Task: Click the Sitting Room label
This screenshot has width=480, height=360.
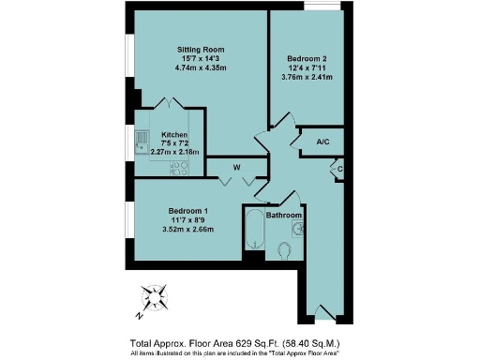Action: tap(202, 49)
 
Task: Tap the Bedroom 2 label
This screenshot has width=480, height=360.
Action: tap(307, 58)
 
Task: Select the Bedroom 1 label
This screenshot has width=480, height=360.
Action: tap(188, 210)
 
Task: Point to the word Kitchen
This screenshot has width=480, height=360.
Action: tap(174, 135)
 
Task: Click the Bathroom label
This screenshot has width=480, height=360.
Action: tap(284, 216)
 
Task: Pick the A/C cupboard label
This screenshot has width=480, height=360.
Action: tap(322, 142)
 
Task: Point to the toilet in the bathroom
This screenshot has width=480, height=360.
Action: tap(284, 249)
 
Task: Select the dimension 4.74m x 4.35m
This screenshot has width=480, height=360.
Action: tap(202, 68)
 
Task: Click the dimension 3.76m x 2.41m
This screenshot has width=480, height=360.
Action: tap(307, 78)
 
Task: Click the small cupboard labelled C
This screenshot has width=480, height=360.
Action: tap(339, 169)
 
